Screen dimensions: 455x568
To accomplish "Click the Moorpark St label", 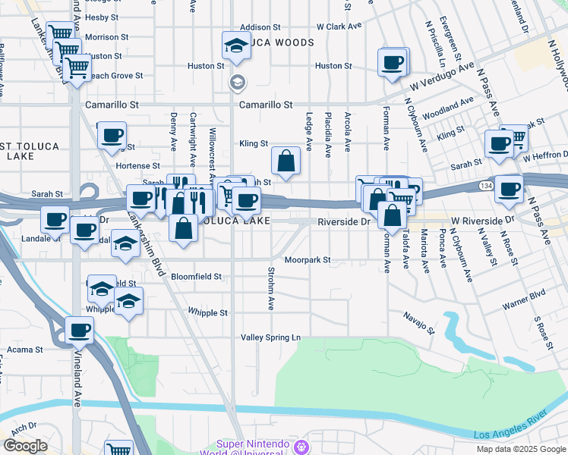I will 308,260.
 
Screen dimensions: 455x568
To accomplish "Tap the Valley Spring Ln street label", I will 271,337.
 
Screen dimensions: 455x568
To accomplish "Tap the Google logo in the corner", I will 25,446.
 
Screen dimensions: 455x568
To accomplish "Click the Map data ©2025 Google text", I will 520,449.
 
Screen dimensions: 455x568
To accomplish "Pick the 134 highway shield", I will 484,185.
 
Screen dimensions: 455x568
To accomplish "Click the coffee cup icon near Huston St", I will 393,62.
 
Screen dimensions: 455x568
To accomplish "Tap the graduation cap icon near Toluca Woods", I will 237,46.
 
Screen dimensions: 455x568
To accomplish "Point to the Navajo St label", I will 418,322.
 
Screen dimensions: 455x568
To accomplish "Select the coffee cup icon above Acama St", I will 79,331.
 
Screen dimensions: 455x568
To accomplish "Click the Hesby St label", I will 102,17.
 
